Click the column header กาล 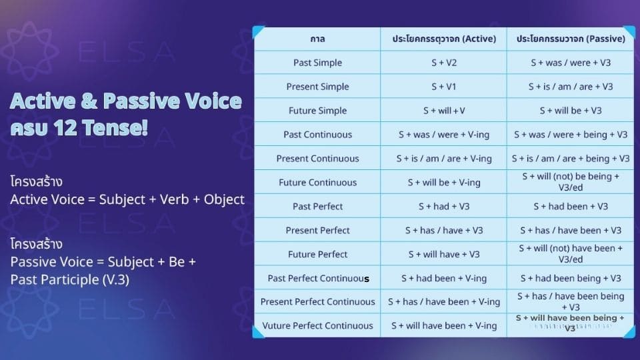[x=317, y=39]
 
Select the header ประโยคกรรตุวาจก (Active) [x=444, y=39]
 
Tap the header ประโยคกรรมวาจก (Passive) [x=571, y=39]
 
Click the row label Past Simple [x=317, y=63]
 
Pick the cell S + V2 [x=444, y=63]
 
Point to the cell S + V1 [x=444, y=87]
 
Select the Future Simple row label [x=317, y=111]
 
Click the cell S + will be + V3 [x=571, y=111]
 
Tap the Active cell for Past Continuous [x=444, y=135]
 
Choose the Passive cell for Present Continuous [x=571, y=159]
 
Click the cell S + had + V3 [x=444, y=207]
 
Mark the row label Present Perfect [x=317, y=231]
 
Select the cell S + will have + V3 [x=444, y=254]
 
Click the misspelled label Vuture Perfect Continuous [x=317, y=326]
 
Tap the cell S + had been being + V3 [x=571, y=278]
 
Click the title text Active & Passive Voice [x=126, y=101]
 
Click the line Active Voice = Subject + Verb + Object [x=127, y=199]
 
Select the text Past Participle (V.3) [x=70, y=279]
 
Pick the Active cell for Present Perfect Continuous [x=444, y=302]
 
